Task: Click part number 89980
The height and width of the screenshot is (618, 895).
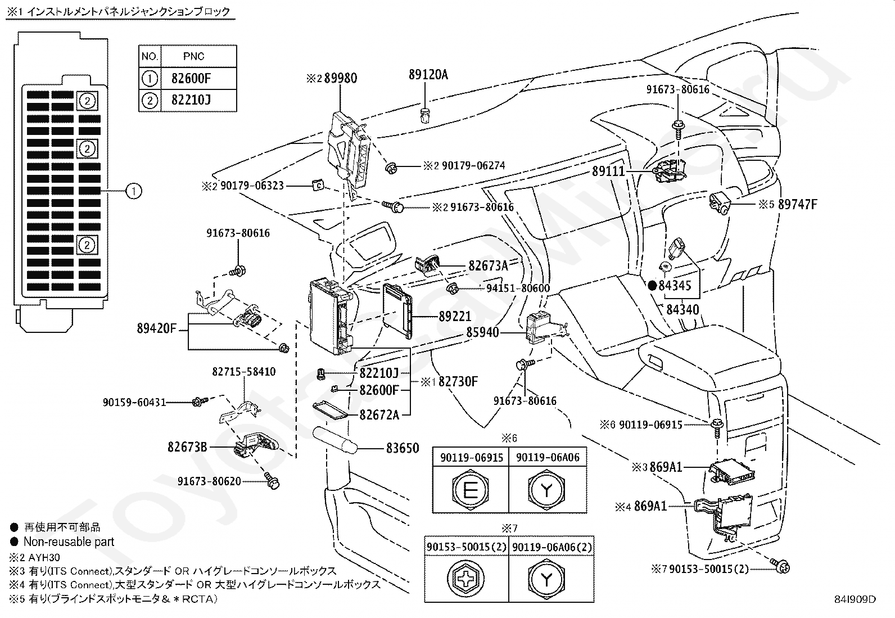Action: (341, 78)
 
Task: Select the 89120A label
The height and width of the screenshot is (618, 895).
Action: (428, 75)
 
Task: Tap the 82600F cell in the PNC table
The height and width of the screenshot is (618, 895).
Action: (191, 78)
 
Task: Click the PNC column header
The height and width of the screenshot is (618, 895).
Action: (194, 56)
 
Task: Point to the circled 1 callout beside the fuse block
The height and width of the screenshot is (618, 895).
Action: (134, 191)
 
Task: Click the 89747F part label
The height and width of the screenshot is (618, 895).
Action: (798, 204)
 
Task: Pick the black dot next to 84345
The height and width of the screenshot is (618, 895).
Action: (652, 286)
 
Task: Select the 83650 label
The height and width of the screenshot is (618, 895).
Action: (403, 448)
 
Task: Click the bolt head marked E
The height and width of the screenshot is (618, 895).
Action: (471, 490)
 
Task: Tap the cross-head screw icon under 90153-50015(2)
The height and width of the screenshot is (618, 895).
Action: (465, 579)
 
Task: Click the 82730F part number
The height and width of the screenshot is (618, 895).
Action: (458, 382)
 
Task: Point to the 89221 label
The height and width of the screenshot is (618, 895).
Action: (455, 317)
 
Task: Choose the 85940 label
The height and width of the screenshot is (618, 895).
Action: (483, 332)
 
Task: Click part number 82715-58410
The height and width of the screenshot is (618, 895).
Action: (244, 372)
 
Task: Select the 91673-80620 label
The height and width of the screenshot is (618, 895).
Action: (209, 481)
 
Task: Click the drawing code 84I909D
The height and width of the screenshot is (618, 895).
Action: (855, 599)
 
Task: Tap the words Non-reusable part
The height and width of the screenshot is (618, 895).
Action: (69, 542)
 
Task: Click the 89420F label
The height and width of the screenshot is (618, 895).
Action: (157, 328)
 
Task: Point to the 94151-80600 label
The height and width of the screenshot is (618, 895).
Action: (518, 288)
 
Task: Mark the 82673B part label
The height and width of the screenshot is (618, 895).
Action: (187, 447)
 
